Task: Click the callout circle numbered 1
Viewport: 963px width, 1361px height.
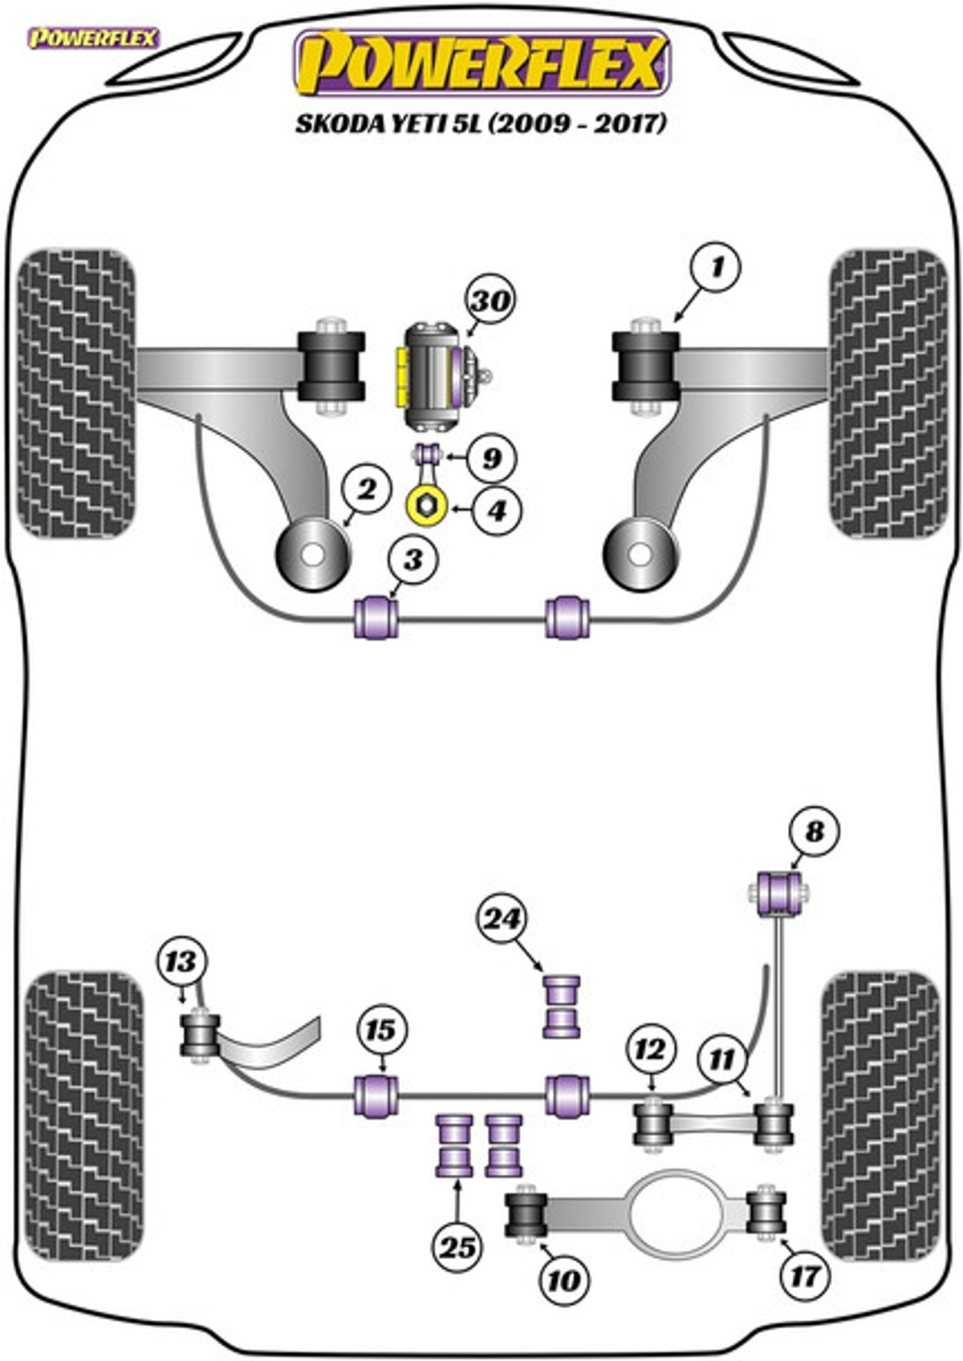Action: click(716, 267)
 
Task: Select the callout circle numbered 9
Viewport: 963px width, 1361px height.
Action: click(491, 458)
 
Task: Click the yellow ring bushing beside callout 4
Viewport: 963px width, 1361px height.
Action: click(426, 508)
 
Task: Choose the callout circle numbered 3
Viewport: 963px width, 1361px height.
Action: click(412, 560)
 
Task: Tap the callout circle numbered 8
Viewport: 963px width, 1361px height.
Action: click(814, 831)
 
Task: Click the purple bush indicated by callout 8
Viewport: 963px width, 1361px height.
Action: click(779, 893)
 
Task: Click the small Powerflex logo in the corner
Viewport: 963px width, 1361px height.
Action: click(94, 38)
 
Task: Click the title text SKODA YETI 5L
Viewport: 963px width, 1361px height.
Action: click(391, 124)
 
